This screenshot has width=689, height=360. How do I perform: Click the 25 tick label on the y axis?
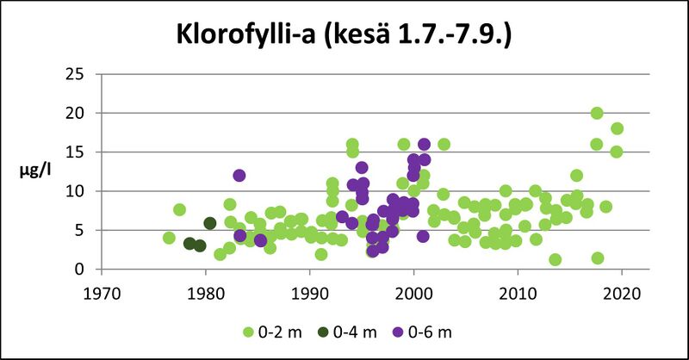point(75,74)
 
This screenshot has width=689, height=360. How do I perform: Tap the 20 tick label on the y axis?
point(75,113)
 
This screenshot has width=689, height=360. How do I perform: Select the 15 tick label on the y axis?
point(75,152)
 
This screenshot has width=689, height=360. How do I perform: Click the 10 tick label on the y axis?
point(75,191)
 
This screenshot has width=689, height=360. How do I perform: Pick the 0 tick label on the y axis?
point(79,269)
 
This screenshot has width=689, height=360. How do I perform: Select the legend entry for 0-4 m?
point(348,331)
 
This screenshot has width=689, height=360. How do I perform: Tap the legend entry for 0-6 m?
point(427,331)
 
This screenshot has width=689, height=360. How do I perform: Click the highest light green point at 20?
point(597,113)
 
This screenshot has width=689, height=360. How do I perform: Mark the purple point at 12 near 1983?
point(239,176)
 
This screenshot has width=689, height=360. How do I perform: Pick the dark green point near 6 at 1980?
point(210,223)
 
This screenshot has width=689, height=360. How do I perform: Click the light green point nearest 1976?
point(169,238)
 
